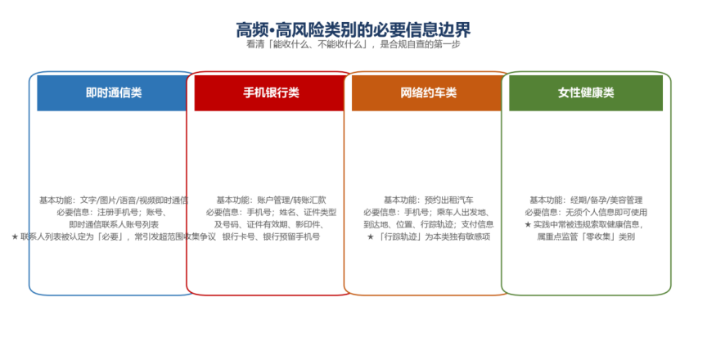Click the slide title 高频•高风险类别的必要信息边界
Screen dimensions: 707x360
353,30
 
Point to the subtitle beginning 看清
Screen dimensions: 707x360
353,44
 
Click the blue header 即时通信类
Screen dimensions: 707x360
114,92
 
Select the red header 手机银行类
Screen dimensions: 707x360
271,92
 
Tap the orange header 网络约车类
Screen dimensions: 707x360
428,92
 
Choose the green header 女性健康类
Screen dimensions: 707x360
586,92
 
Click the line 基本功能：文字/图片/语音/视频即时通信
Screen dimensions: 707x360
114,200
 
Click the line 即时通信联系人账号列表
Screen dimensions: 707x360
114,224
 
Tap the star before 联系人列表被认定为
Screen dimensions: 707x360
15,236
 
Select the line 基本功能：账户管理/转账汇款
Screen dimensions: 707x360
271,200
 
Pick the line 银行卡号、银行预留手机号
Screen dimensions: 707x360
271,236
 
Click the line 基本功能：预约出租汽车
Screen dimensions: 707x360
428,200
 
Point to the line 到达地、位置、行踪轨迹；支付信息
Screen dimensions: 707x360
428,224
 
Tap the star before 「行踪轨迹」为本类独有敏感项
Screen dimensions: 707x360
371,236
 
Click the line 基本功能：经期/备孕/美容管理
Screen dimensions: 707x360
586,200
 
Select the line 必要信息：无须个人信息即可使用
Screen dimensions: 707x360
586,212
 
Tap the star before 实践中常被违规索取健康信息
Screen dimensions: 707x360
528,224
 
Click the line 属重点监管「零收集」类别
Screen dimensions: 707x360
586,236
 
